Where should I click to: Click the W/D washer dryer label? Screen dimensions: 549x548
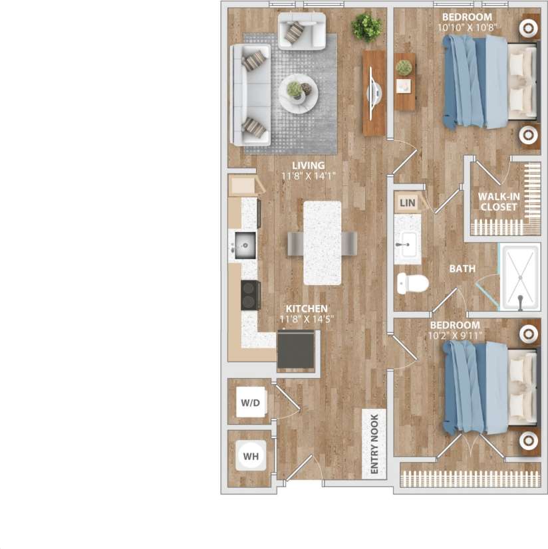tap(249, 403)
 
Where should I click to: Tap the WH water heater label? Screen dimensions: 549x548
tap(251, 457)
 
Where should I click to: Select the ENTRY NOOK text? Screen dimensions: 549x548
tap(374, 445)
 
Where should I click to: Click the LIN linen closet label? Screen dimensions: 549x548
tap(407, 201)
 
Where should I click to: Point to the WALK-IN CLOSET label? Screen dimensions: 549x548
tap(499, 201)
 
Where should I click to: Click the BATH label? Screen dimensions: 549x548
tap(462, 269)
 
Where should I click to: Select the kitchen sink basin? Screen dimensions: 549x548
tap(245, 247)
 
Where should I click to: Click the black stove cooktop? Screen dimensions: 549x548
tap(250, 294)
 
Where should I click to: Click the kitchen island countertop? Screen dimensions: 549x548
tap(323, 243)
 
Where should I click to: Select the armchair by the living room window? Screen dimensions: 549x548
tap(301, 31)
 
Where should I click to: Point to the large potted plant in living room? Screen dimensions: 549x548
tap(366, 27)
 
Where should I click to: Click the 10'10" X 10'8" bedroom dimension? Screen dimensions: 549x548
tap(468, 28)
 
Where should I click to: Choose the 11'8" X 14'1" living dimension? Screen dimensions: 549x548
tap(307, 176)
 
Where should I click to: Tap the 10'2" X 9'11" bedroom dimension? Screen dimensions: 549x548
tap(454, 335)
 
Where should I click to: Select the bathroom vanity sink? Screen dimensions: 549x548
tap(406, 245)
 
